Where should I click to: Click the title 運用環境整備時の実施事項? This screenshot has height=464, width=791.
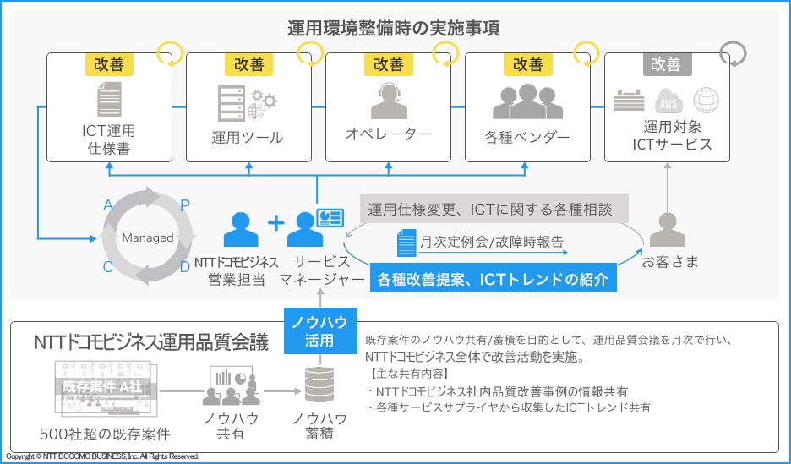[393, 27]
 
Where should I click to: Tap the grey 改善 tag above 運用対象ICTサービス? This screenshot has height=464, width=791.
[666, 64]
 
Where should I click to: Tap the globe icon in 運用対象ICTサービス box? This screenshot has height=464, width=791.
[706, 101]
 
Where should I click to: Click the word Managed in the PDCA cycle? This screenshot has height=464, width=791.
[148, 238]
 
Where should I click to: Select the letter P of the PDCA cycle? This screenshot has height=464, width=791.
[186, 204]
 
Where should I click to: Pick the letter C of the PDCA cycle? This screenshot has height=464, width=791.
[108, 267]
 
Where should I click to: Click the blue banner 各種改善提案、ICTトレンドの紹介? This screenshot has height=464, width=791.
[493, 279]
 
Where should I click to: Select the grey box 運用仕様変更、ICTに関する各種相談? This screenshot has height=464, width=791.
[490, 210]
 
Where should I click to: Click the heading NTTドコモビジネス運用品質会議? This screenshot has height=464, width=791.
[151, 343]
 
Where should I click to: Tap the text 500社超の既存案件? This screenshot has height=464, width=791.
[105, 434]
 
